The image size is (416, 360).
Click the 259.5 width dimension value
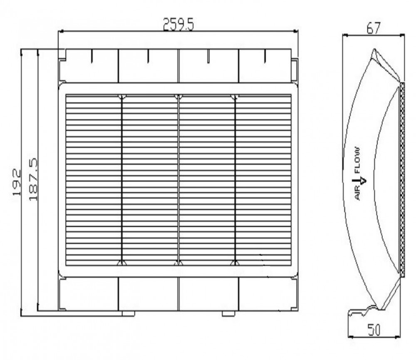(178, 24)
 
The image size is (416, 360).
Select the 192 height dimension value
(17, 182)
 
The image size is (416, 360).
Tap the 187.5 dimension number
(33, 179)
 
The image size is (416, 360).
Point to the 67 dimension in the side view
(374, 28)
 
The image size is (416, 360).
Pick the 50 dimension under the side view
(374, 330)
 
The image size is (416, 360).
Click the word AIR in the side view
(358, 193)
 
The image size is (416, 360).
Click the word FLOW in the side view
(357, 160)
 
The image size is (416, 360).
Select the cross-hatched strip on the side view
(402, 180)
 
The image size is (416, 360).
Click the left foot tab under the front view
(129, 313)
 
